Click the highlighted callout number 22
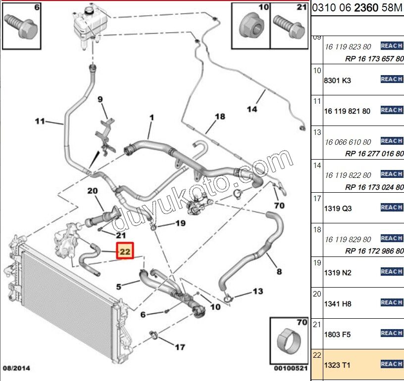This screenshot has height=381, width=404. (x=125, y=252)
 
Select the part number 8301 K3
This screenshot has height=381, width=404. (x=337, y=80)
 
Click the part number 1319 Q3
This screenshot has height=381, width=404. (x=337, y=209)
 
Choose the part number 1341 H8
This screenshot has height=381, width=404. (x=337, y=304)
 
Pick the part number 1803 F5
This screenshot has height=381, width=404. (x=337, y=335)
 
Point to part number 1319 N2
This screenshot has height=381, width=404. (x=337, y=273)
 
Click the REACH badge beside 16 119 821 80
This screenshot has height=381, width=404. (x=391, y=110)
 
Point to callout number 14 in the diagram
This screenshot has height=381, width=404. (x=252, y=109)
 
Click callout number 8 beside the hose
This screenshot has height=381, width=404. (x=279, y=271)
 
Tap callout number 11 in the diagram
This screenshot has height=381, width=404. (x=40, y=121)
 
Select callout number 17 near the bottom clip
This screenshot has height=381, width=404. (x=181, y=347)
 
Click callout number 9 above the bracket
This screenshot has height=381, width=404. (x=100, y=99)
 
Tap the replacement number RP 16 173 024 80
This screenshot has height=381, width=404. (x=374, y=186)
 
